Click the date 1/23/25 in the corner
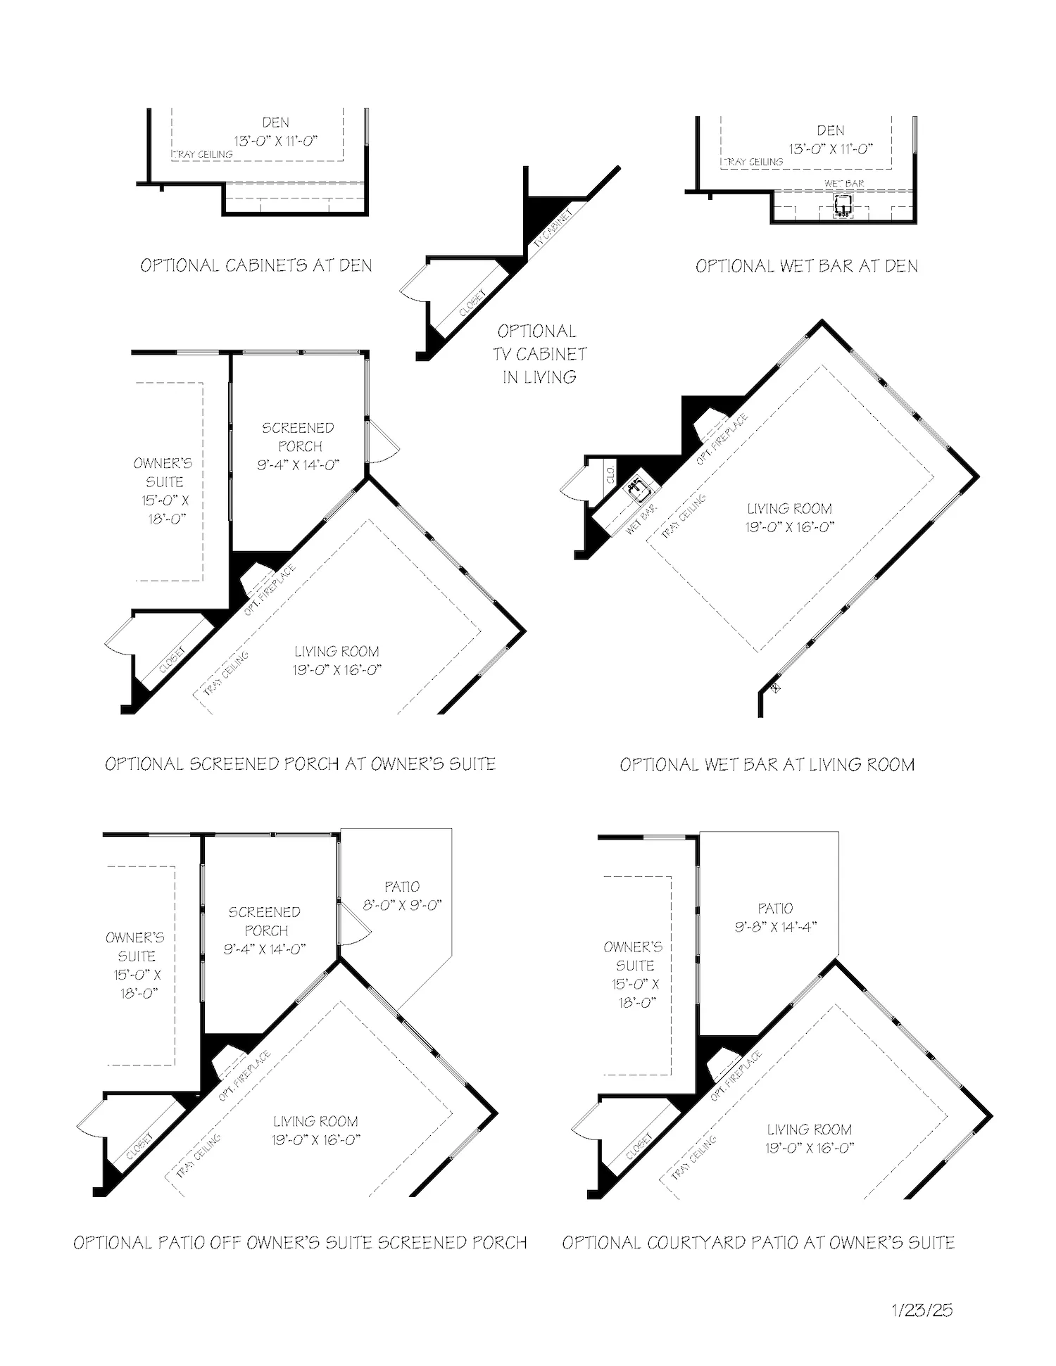coord(922,1310)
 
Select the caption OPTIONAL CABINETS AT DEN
coord(256,265)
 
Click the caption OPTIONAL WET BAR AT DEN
coord(806,266)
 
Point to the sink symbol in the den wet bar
coord(843,205)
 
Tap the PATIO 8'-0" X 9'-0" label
coord(402,895)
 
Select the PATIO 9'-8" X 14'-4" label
coord(775,917)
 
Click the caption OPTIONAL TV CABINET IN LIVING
coord(539,354)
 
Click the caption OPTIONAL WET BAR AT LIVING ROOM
coord(767,764)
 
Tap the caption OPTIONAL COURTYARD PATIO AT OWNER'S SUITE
coord(758,1242)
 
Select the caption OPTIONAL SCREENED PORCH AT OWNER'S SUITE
coord(300,764)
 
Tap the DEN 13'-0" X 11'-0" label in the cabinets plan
coord(275,132)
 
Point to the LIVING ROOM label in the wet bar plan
coord(789,517)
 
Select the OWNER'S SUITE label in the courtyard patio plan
coord(634,974)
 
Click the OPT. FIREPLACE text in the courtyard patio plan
coord(736,1075)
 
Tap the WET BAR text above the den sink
coord(844,184)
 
